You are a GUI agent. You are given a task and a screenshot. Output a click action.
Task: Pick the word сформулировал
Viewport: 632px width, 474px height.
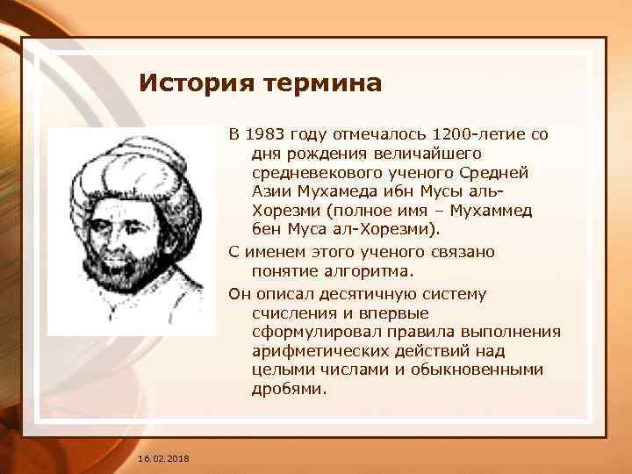coord(308,332)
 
